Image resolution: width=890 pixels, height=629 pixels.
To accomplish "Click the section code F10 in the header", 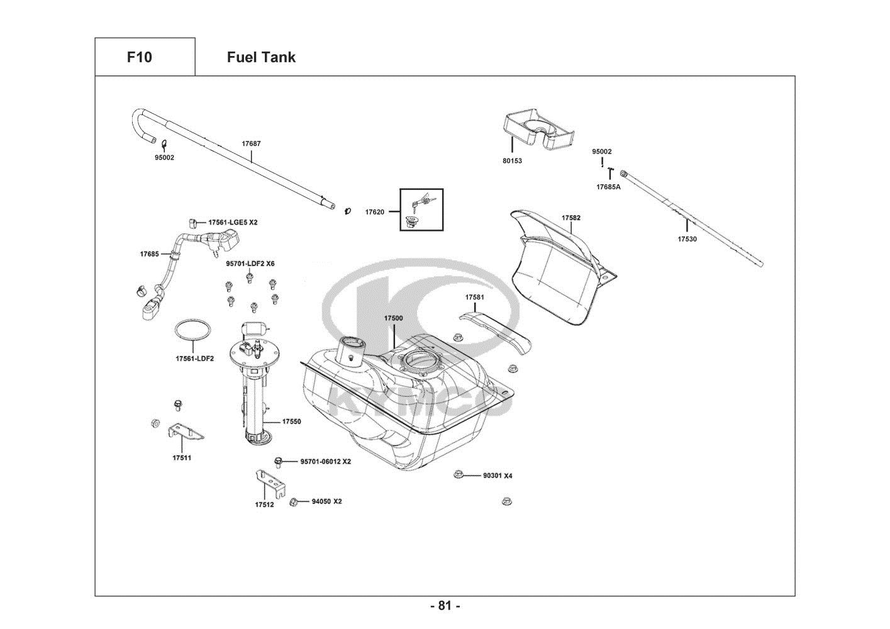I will (x=139, y=57).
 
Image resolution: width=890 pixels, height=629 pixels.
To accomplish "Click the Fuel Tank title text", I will (x=261, y=57).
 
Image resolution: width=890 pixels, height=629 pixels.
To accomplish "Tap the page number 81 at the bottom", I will (x=445, y=606).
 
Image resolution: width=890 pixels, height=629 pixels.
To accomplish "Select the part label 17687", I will (x=251, y=143).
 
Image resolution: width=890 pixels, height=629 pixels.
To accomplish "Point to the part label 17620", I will (x=374, y=212).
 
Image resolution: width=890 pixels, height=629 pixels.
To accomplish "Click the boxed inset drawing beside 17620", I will (x=421, y=209).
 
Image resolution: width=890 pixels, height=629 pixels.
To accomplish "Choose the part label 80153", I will (x=512, y=161).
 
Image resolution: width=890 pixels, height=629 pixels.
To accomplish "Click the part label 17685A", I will (x=608, y=187).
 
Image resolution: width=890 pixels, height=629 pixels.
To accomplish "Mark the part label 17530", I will (x=687, y=239).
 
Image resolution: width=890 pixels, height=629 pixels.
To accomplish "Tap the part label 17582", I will (x=571, y=218).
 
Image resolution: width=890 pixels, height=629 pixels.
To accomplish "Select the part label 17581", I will (x=475, y=297).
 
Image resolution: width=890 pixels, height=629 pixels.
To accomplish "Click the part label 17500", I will (x=393, y=318).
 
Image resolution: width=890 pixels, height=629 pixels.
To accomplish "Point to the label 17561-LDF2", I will (x=194, y=359).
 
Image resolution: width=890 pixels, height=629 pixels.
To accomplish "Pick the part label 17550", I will (x=291, y=421).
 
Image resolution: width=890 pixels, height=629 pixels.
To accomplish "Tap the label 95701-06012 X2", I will (x=325, y=462).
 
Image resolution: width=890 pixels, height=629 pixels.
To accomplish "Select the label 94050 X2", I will (x=326, y=501).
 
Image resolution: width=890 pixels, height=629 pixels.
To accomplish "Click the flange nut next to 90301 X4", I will (x=459, y=475).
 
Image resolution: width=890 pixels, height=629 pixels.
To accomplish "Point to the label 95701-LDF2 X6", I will (x=250, y=264).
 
